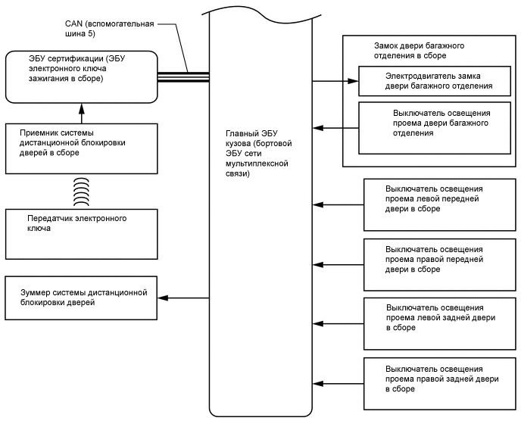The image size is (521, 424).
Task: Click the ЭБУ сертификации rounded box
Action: click(80, 76)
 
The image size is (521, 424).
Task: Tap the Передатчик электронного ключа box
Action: click(80, 233)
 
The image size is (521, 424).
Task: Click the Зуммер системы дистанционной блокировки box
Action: click(80, 297)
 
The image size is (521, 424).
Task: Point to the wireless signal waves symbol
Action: click(81, 192)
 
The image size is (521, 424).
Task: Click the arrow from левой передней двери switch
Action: click(338, 204)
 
